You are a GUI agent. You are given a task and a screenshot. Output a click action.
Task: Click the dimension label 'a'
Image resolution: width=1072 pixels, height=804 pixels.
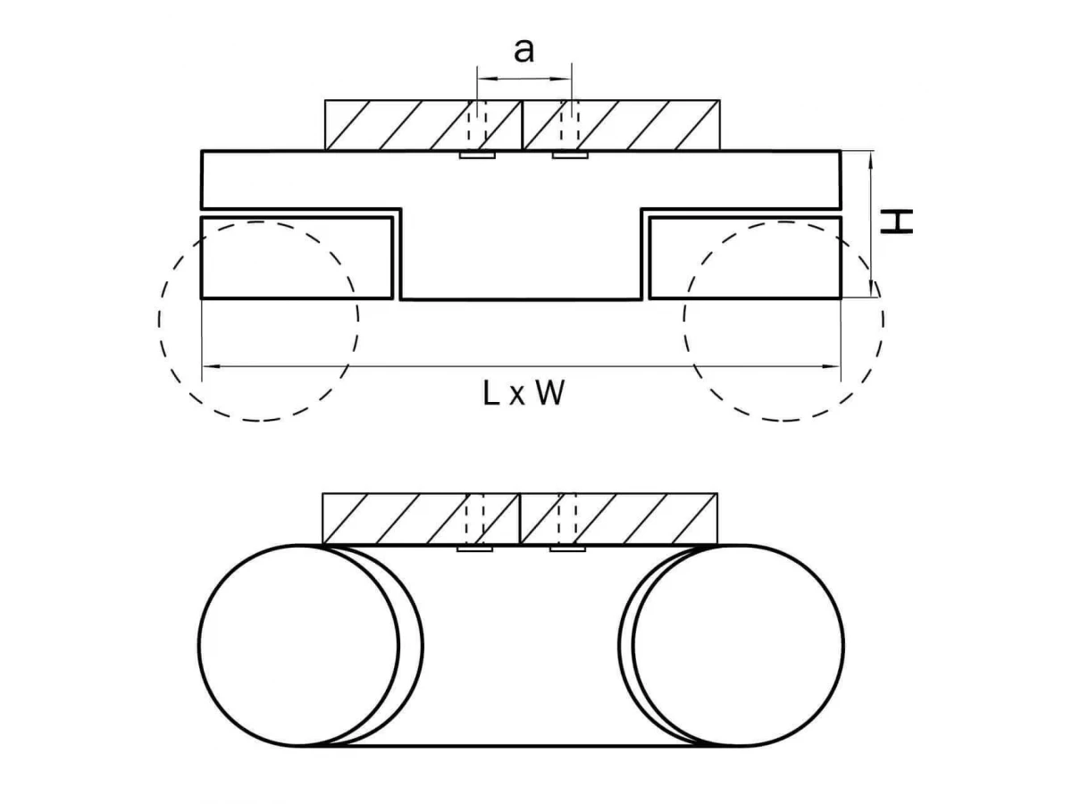(x=524, y=51)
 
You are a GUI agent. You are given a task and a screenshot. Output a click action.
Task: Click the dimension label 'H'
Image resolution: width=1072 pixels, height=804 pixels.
(x=897, y=222)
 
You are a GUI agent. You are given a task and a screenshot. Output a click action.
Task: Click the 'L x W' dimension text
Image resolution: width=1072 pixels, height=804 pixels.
(x=523, y=393)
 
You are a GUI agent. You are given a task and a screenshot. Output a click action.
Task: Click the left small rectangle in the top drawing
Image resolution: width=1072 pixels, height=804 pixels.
(x=297, y=257)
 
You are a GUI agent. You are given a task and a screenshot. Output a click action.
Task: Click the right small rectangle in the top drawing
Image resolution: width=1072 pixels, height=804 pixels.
(x=744, y=257)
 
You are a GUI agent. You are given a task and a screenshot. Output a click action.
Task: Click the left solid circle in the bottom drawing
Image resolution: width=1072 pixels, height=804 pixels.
(x=298, y=644)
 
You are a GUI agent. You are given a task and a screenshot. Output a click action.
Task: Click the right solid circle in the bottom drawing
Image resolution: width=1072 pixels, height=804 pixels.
(x=738, y=644)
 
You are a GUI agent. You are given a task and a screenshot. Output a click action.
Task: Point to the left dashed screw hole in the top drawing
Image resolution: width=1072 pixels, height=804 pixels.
(x=481, y=125)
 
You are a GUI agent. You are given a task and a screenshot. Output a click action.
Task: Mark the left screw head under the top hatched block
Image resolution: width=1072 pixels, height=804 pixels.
(x=477, y=155)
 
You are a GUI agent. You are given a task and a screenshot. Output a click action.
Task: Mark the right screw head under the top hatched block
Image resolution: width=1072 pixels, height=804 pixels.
(x=569, y=155)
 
